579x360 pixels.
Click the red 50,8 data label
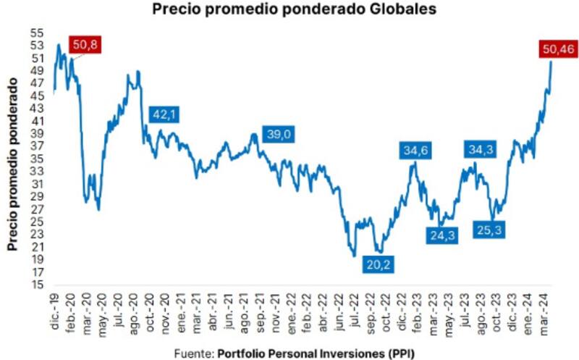click(x=85, y=45)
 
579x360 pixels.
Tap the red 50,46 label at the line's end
click(x=557, y=49)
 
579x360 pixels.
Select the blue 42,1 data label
click(x=164, y=114)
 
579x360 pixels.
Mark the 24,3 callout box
click(x=442, y=235)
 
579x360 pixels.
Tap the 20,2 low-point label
click(x=378, y=264)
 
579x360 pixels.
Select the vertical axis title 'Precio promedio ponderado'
click(x=12, y=166)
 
